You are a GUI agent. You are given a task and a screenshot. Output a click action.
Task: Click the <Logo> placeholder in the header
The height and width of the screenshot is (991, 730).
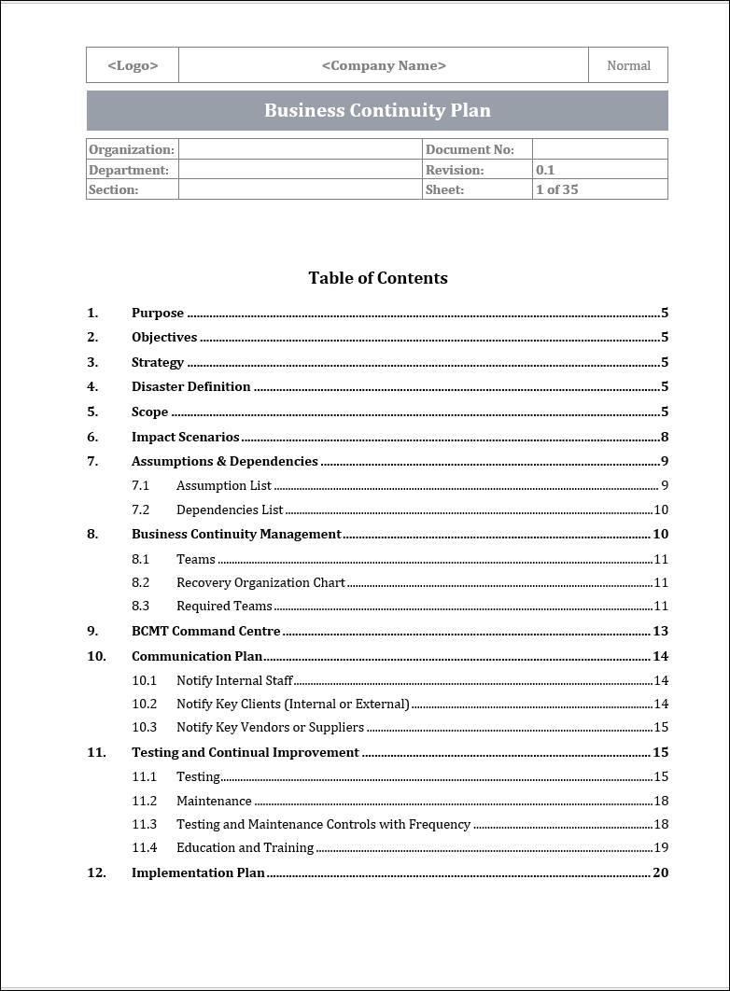[133, 65]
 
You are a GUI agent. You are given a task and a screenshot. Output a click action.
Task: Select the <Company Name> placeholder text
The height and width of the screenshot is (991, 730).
[384, 65]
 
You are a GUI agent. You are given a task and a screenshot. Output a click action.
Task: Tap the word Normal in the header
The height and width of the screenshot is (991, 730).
[628, 65]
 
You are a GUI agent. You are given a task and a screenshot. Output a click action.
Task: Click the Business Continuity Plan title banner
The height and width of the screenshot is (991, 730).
[377, 110]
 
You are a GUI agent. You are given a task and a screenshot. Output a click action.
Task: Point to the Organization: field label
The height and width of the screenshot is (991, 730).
[132, 149]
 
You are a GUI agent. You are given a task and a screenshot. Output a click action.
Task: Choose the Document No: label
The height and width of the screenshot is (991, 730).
[470, 149]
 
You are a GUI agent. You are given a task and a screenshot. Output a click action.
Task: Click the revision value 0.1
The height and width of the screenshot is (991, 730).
[545, 170]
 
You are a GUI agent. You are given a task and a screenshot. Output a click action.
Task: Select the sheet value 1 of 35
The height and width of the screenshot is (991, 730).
[557, 189]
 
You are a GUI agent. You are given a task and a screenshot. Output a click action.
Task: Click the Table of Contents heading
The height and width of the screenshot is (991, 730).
[378, 278]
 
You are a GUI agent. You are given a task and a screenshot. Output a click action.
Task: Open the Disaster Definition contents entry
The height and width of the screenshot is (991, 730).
[190, 386]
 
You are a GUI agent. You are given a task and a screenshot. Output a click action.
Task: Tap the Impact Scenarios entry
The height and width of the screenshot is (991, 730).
[185, 437]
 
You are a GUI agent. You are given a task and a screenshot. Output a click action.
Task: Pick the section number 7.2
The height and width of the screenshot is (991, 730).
[140, 509]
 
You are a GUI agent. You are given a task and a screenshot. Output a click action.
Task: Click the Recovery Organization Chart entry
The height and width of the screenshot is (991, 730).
[260, 582]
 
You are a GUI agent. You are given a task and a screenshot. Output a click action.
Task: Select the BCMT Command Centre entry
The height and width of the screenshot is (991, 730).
[206, 631]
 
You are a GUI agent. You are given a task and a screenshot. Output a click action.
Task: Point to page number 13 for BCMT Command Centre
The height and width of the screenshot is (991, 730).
[660, 631]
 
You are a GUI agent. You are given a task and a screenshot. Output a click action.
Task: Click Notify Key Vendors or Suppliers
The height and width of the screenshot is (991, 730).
[270, 727]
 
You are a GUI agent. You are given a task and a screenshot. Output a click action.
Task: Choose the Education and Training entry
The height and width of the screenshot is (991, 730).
[245, 847]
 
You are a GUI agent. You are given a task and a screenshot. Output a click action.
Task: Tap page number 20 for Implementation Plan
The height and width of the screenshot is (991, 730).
[660, 872]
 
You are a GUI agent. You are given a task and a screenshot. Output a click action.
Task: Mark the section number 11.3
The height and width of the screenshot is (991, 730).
[144, 824]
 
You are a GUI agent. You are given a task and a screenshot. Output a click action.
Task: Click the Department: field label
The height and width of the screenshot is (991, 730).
[129, 170]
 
